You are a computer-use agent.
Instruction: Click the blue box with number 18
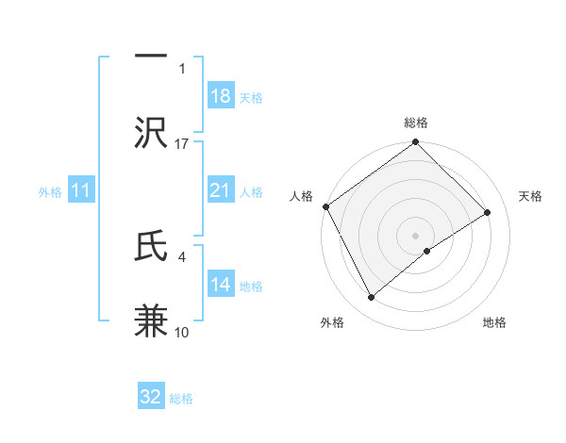220,97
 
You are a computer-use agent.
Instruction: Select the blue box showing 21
220,191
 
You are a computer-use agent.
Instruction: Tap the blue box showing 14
220,286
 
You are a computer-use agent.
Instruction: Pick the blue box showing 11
81,191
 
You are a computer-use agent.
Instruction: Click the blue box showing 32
151,397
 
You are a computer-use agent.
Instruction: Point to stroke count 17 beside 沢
182,143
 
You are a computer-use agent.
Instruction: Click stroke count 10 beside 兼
182,332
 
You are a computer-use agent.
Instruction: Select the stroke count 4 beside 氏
182,255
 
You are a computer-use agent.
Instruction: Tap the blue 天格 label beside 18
251,98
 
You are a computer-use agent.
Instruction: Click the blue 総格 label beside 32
181,399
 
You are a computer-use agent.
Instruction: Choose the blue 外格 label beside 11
50,192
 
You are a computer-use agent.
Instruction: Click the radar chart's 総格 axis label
416,123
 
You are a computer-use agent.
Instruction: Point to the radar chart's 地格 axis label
494,322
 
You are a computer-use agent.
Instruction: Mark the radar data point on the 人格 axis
325,206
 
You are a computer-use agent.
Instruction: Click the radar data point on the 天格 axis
488,213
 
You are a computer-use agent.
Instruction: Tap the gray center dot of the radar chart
416,235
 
